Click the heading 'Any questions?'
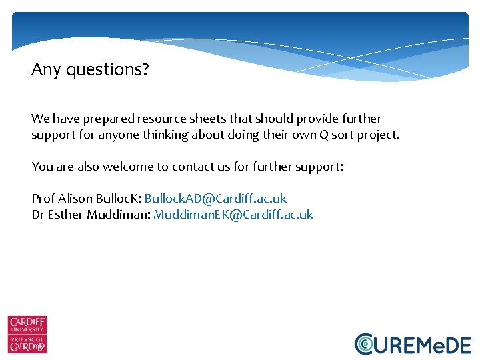(90, 69)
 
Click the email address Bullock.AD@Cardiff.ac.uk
(215, 199)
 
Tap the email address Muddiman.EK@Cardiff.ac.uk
(233, 215)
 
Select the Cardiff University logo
(27, 334)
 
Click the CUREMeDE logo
(413, 343)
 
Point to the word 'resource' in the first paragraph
(161, 119)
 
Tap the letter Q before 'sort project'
(322, 135)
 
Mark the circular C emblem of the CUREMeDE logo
(365, 343)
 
